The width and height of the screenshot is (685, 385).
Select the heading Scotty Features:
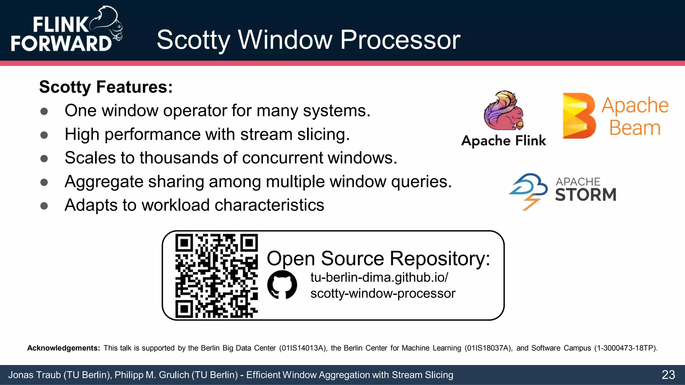(x=106, y=87)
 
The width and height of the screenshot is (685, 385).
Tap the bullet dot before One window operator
(x=44, y=111)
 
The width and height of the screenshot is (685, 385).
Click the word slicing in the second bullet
(x=323, y=134)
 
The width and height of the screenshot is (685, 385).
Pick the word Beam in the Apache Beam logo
(x=634, y=128)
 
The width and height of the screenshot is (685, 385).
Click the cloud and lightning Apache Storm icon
(x=528, y=191)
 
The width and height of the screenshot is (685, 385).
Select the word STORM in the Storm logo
(x=585, y=195)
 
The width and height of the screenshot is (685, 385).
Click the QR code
(x=216, y=276)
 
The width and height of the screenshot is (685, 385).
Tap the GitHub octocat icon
(x=282, y=285)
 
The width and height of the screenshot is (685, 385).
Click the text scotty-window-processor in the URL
(x=383, y=294)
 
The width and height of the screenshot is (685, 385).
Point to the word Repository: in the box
(x=439, y=259)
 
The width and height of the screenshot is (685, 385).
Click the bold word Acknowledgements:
(x=64, y=348)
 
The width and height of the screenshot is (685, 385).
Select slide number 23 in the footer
(x=668, y=375)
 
